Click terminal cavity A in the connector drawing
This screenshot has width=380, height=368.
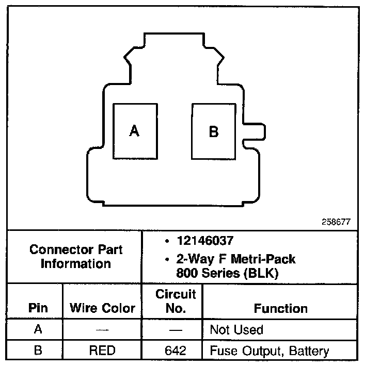pos(134,131)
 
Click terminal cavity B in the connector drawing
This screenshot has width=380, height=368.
pos(214,131)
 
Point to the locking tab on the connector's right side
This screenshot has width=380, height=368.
pos(255,131)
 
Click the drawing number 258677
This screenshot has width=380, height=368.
pos(336,222)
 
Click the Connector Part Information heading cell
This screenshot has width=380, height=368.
pos(76,257)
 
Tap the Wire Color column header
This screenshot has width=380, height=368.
pos(102,308)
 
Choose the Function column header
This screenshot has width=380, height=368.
pos(280,308)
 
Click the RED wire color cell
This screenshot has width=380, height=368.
pos(102,350)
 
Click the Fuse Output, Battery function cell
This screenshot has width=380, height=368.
pos(269,350)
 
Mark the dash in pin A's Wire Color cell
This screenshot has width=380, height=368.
pos(102,329)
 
